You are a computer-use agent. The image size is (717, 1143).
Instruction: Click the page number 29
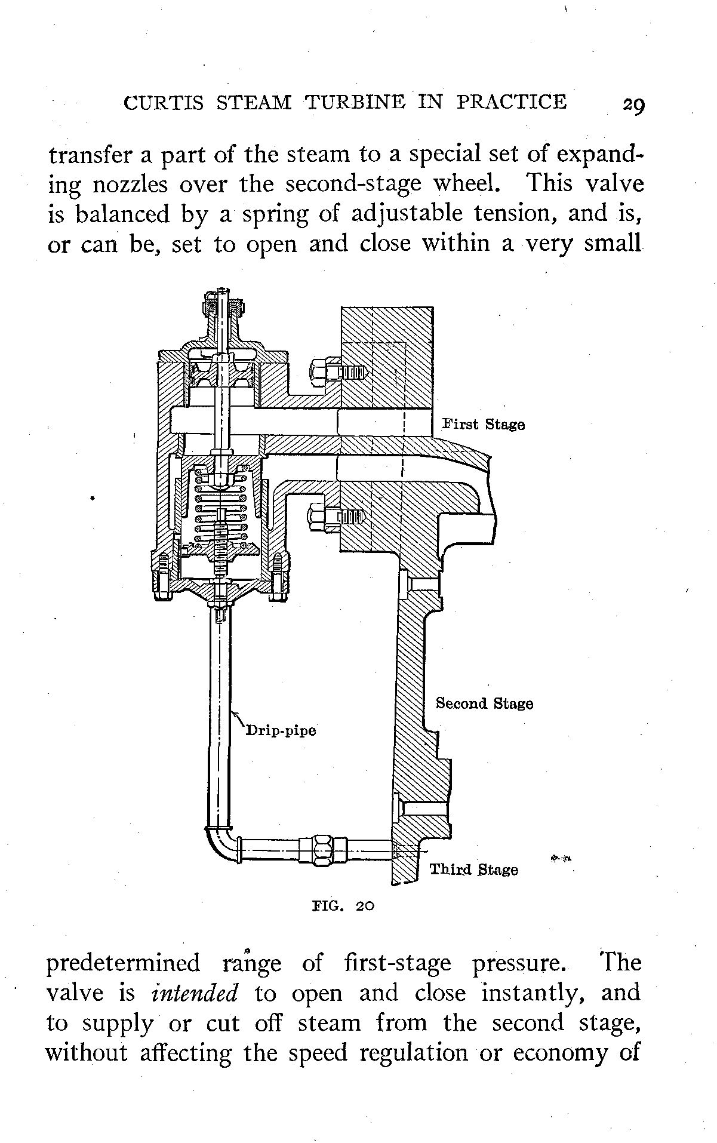(x=632, y=105)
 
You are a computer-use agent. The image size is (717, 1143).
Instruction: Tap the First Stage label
(x=484, y=425)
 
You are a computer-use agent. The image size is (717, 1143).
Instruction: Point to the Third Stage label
(x=474, y=869)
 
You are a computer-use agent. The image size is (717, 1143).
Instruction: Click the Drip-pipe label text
(x=281, y=730)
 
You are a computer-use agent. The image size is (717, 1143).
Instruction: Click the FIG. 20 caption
(x=343, y=905)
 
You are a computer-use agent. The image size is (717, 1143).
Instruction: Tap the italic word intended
(x=195, y=993)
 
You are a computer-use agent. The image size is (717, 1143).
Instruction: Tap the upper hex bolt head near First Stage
(x=318, y=372)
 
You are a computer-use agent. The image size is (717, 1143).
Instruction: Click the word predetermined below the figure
(x=124, y=963)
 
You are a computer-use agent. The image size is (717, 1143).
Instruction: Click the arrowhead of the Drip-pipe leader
(x=233, y=714)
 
